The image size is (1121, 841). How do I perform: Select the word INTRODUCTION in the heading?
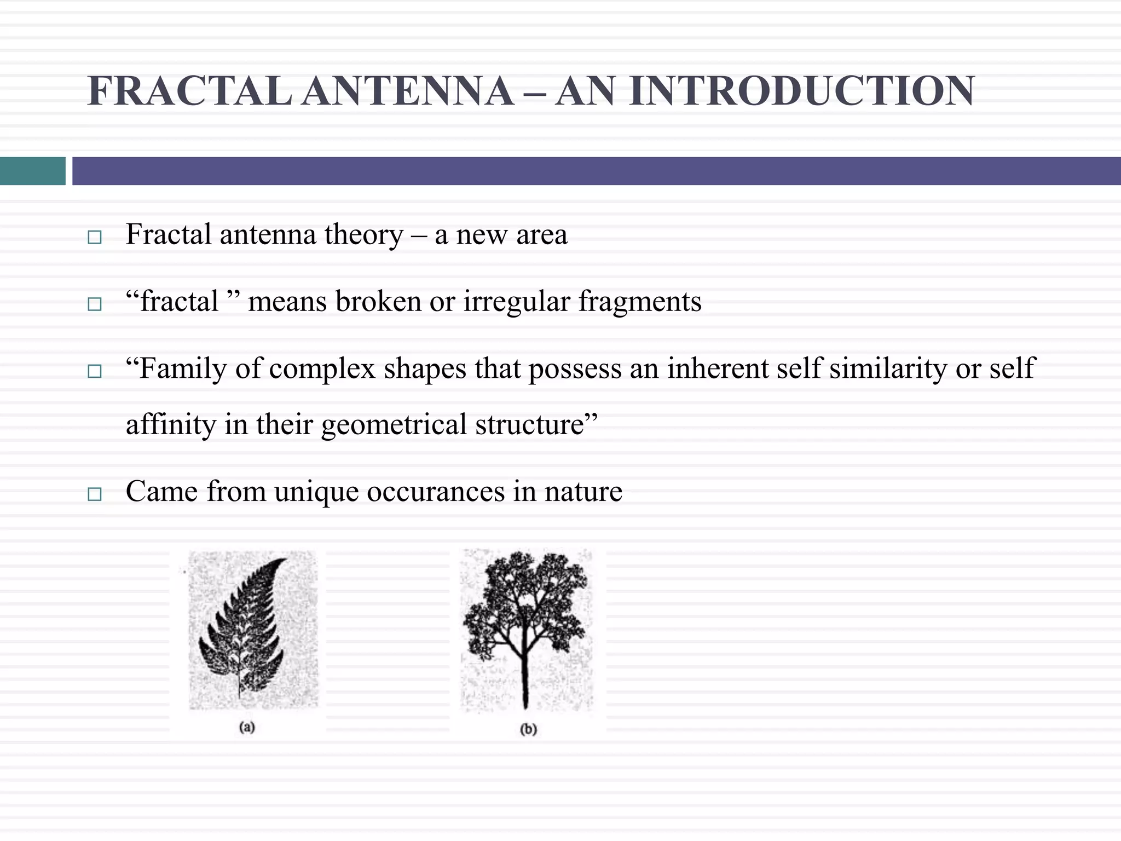tap(802, 91)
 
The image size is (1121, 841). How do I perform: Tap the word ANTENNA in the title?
tap(408, 91)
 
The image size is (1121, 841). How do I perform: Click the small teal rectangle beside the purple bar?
tap(32, 171)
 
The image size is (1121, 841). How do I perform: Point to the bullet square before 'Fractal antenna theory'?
tap(95, 237)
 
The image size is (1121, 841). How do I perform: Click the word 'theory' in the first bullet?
tap(363, 235)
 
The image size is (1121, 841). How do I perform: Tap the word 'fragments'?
tap(640, 302)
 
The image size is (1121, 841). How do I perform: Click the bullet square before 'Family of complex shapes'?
tap(95, 372)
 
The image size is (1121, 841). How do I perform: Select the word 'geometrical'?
tap(394, 425)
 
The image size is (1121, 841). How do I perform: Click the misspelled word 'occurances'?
tap(436, 491)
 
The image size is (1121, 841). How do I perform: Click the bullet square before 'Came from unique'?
tap(95, 494)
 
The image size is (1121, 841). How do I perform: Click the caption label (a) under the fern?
tap(247, 727)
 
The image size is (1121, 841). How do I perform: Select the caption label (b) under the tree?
tap(528, 729)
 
